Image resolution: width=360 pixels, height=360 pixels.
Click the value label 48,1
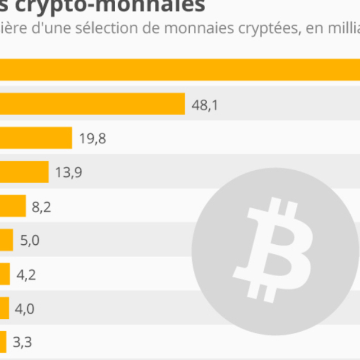point(205,105)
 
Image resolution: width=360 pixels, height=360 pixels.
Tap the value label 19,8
point(93,138)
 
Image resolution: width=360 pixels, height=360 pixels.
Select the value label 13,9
point(68,172)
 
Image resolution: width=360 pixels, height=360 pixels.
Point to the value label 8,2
point(41,207)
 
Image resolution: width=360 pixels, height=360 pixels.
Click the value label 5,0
point(29,240)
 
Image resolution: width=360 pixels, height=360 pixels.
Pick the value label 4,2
point(26,274)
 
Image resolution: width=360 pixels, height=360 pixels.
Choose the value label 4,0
point(25,309)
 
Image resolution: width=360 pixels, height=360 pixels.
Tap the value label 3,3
point(22,342)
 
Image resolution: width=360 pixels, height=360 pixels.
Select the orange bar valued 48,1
point(93,104)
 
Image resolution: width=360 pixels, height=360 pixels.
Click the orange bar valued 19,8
point(36,138)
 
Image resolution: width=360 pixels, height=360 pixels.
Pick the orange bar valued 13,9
point(24,172)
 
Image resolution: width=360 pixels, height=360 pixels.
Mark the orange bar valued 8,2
point(13,206)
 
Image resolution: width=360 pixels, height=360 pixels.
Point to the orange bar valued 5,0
point(6,240)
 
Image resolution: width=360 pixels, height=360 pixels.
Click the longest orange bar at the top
point(180,70)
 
